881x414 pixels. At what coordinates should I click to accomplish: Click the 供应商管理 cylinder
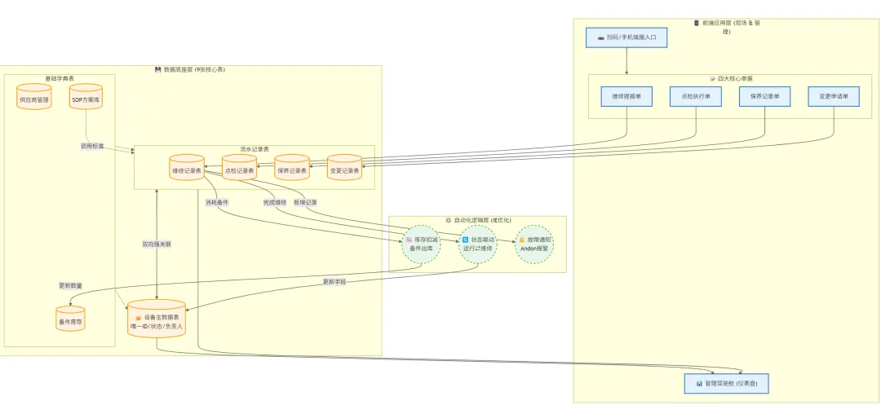(34, 100)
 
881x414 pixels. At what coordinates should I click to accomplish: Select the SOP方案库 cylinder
(86, 99)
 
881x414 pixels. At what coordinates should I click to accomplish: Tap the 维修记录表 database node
(187, 171)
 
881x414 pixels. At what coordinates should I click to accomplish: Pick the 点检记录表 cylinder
(239, 171)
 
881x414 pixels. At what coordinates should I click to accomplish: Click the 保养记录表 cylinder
(292, 171)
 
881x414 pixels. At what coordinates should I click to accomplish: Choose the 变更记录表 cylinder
(344, 171)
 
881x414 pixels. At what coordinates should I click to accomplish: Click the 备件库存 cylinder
(70, 321)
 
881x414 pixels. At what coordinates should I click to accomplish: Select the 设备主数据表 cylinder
(157, 320)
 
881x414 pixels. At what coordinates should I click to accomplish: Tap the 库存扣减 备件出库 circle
(422, 244)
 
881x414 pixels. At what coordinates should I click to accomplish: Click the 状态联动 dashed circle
(478, 244)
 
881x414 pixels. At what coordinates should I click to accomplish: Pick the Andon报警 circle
(534, 244)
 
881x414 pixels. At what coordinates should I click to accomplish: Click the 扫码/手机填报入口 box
(626, 37)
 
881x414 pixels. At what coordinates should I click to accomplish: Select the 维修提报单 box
(626, 96)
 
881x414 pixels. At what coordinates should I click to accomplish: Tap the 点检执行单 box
(696, 96)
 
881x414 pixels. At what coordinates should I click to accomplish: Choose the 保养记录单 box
(765, 96)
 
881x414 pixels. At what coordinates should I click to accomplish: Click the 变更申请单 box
(834, 96)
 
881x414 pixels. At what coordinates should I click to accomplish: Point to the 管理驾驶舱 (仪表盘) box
(726, 383)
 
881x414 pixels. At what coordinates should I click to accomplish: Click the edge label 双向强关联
(157, 244)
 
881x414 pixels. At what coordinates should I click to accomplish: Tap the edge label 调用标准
(91, 146)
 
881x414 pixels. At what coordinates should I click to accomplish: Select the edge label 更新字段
(334, 281)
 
